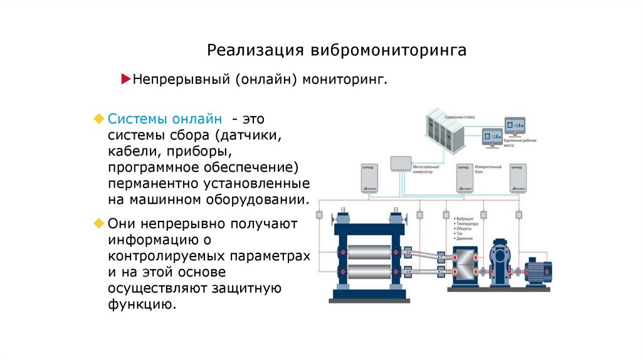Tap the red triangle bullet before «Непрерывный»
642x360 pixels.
(x=125, y=80)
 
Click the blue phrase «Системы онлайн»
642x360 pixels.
(x=164, y=118)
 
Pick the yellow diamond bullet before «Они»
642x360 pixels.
(x=98, y=223)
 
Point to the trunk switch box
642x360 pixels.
(x=399, y=163)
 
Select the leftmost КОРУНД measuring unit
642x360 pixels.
(x=369, y=179)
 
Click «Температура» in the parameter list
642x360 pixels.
(x=467, y=224)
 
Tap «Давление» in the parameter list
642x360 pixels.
(x=465, y=239)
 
